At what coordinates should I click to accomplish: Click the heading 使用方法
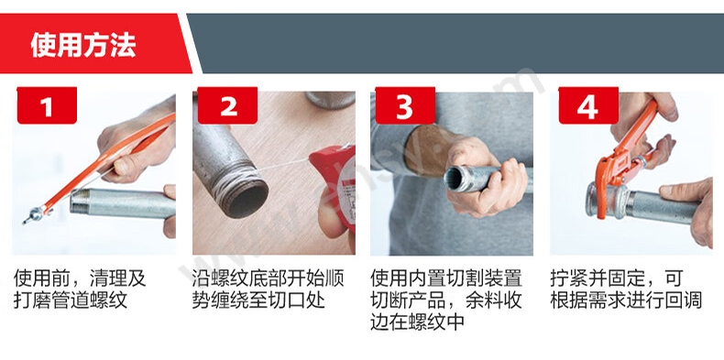pyautogui.click(x=83, y=46)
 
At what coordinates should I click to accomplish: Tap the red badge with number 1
pyautogui.click(x=47, y=105)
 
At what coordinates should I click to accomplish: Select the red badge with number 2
pyautogui.click(x=227, y=105)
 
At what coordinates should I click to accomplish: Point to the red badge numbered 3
pyautogui.click(x=405, y=105)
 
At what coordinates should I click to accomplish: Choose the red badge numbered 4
pyautogui.click(x=588, y=105)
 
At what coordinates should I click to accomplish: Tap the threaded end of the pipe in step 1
pyautogui.click(x=81, y=201)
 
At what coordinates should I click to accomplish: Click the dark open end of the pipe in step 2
pyautogui.click(x=247, y=198)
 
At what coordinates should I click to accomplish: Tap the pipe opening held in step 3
pyautogui.click(x=455, y=178)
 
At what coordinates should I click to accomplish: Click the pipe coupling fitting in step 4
pyautogui.click(x=604, y=201)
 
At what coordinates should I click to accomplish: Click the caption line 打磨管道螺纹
pyautogui.click(x=71, y=300)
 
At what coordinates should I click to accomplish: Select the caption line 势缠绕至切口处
pyautogui.click(x=258, y=300)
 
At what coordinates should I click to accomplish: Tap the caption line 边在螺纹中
pyautogui.click(x=417, y=322)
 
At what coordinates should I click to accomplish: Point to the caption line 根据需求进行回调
pyautogui.click(x=626, y=300)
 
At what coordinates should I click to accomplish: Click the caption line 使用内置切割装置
pyautogui.click(x=446, y=278)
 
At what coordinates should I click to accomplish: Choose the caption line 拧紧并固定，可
pyautogui.click(x=616, y=278)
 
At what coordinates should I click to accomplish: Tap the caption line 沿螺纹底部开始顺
pyautogui.click(x=269, y=278)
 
